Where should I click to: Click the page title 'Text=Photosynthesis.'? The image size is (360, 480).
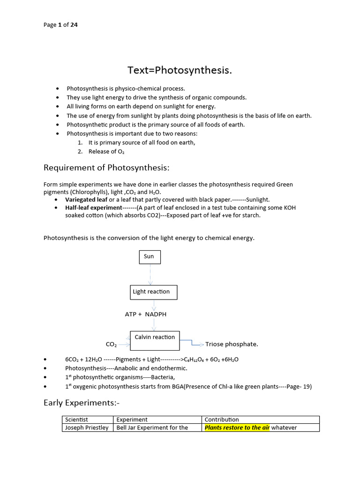point(180,70)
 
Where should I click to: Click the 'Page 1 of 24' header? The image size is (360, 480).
point(60,25)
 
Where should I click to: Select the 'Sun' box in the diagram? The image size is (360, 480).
point(150,257)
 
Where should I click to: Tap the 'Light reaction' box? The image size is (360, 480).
point(154,292)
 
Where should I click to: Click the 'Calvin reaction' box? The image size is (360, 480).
point(154,340)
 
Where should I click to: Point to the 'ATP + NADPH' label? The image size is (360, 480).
point(145,314)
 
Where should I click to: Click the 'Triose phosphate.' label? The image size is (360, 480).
point(232,344)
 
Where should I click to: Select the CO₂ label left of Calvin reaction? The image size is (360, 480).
point(111,345)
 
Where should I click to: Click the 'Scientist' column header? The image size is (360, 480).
point(76,420)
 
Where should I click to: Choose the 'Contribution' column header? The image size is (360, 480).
point(222,420)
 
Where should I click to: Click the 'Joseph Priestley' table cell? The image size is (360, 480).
point(87,427)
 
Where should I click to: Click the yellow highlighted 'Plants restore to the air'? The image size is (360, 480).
point(237,427)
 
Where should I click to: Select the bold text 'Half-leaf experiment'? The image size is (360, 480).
point(94,207)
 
